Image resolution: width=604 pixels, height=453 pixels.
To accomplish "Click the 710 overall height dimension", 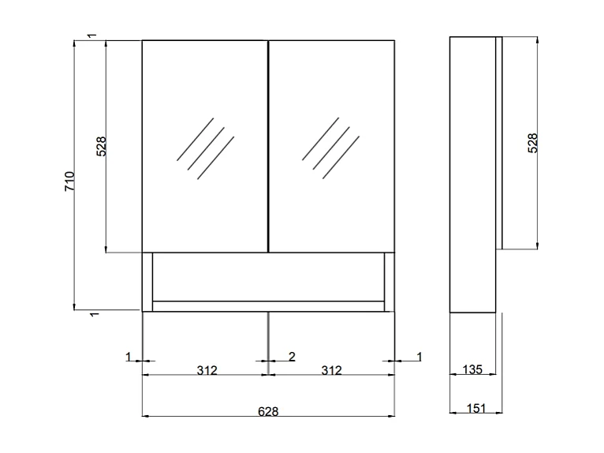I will [x=69, y=183].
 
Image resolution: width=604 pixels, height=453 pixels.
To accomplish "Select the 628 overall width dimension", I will [x=268, y=410].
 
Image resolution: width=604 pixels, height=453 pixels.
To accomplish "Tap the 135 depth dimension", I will [x=472, y=369].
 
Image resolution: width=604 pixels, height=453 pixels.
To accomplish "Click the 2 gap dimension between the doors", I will [x=292, y=357].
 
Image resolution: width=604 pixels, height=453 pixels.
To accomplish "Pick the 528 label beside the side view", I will [x=532, y=142].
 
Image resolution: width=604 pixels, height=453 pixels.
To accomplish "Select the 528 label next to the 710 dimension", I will [x=101, y=147].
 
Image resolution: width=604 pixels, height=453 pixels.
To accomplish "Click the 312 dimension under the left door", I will [x=206, y=370].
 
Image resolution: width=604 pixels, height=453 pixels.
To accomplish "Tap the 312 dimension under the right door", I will [x=332, y=370].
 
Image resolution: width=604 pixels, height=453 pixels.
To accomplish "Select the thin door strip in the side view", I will [x=498, y=142].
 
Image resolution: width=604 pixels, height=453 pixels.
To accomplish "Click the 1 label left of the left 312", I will [x=129, y=357].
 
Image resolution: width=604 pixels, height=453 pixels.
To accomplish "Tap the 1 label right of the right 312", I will [x=419, y=357].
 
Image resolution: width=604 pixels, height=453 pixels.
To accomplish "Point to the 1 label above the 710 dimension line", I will [x=92, y=36].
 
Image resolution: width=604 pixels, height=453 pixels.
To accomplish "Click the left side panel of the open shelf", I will [x=147, y=282].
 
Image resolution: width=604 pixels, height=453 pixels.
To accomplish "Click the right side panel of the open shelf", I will [x=389, y=282].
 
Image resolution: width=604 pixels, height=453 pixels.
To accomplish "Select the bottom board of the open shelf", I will [x=268, y=306].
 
